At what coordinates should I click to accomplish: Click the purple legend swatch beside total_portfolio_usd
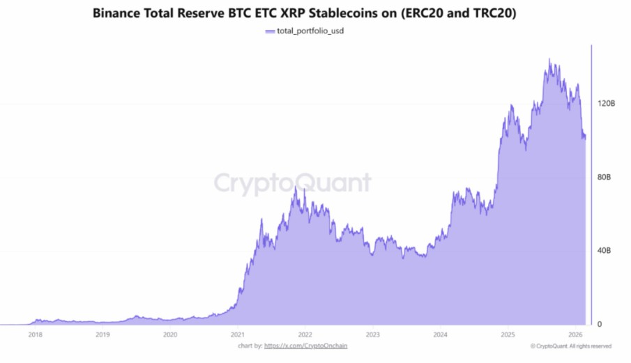point(271,31)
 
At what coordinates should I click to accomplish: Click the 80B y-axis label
point(604,177)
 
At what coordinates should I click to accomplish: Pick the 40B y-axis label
point(604,251)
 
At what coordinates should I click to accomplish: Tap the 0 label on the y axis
point(598,325)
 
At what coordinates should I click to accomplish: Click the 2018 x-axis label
point(35,334)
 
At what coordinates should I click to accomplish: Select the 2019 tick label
point(102,334)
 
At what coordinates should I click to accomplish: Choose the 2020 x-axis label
point(170,334)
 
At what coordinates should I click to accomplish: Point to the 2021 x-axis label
point(238,334)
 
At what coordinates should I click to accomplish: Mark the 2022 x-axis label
point(305,334)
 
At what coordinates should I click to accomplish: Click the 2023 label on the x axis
point(373,334)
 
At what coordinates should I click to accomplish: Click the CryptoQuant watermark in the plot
point(292,183)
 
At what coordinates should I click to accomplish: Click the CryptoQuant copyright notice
point(570,346)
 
